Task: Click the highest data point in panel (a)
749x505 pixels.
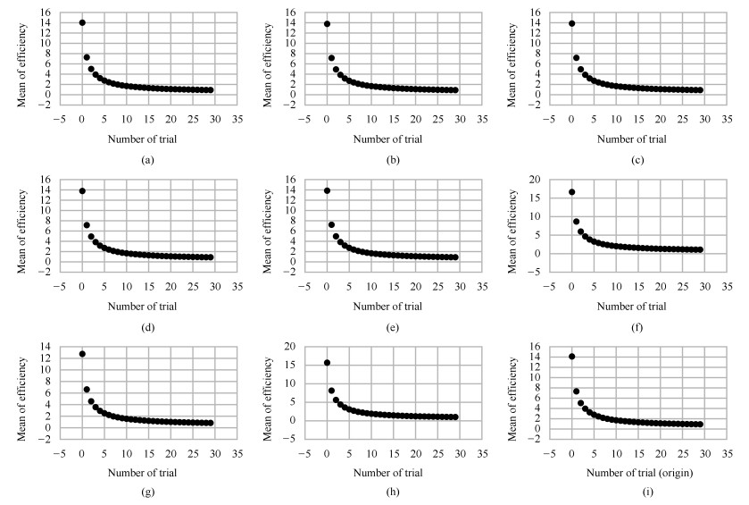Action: point(82,22)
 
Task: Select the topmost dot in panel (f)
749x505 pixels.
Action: point(571,192)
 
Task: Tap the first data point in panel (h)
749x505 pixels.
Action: point(327,362)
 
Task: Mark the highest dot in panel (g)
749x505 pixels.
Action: point(82,354)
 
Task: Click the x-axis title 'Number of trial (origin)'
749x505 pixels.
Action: point(616,473)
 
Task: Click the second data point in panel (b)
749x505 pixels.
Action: point(331,58)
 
